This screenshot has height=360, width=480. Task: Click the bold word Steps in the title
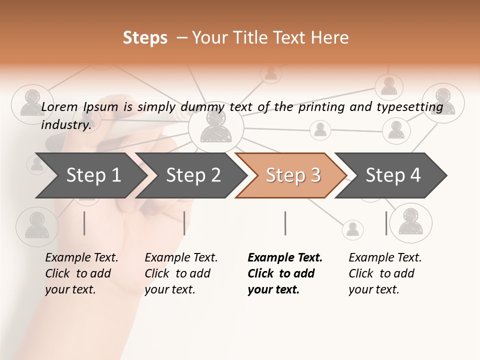(145, 38)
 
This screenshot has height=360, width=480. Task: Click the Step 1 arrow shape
(90, 175)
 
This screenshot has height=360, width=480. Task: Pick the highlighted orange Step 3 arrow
(292, 175)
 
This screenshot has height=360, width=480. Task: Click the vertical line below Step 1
(84, 223)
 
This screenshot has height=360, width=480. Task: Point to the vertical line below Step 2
(184, 223)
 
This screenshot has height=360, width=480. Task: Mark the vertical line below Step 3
(285, 223)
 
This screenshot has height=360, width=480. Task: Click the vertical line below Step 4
(386, 223)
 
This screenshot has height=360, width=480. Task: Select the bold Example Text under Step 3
(285, 273)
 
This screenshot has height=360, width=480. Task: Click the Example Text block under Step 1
(81, 273)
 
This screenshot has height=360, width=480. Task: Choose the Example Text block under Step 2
(181, 273)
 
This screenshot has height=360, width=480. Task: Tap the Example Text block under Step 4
(385, 273)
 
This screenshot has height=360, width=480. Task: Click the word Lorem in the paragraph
(59, 106)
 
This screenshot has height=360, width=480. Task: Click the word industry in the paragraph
(66, 125)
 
